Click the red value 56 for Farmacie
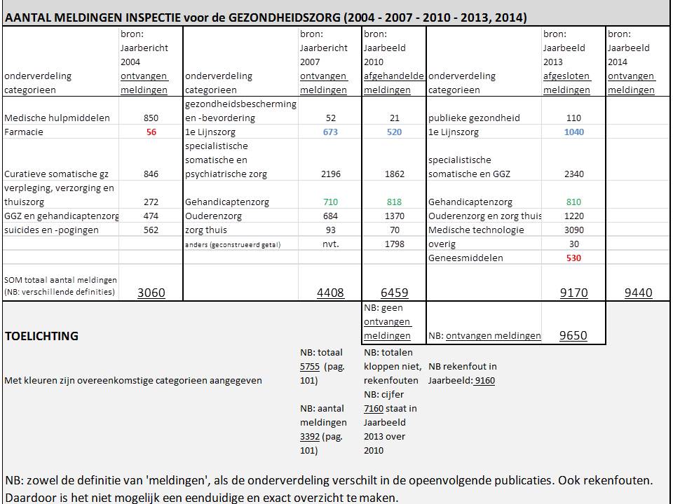(x=151, y=132)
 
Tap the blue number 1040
(x=573, y=132)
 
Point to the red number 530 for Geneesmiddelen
(x=573, y=258)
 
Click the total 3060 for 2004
(x=151, y=293)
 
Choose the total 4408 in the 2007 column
(x=330, y=293)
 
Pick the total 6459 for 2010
(x=393, y=293)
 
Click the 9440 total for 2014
(x=638, y=293)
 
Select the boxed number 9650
(x=573, y=336)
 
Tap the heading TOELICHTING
(x=41, y=336)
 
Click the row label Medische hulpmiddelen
(x=57, y=118)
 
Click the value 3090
(x=573, y=230)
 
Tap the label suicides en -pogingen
(x=51, y=230)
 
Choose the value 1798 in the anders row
(x=395, y=244)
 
